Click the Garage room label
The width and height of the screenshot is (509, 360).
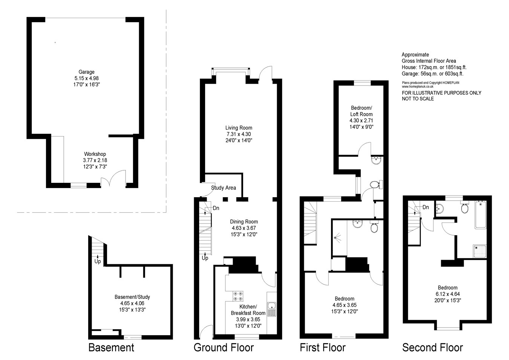tap(86, 72)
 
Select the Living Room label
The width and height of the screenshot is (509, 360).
tap(239, 128)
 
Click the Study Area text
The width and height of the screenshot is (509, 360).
tap(224, 188)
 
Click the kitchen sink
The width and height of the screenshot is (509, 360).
tap(271, 309)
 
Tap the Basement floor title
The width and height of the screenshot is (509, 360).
tap(111, 347)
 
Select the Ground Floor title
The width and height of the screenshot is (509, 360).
tap(224, 347)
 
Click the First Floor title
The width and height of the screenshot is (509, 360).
tap(322, 347)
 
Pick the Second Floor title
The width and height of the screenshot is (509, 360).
tap(432, 347)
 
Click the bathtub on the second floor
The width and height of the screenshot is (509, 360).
tap(480, 215)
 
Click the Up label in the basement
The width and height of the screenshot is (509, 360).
tap(98, 261)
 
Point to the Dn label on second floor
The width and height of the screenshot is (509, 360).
tap(425, 207)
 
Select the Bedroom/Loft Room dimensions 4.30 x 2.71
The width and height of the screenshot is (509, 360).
tap(361, 121)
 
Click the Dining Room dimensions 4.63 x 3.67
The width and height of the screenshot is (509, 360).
tap(244, 228)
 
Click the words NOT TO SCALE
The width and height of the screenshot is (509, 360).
tap(418, 99)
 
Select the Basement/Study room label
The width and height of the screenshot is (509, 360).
tap(132, 297)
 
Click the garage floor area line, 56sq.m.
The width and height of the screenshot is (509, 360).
tap(432, 74)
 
